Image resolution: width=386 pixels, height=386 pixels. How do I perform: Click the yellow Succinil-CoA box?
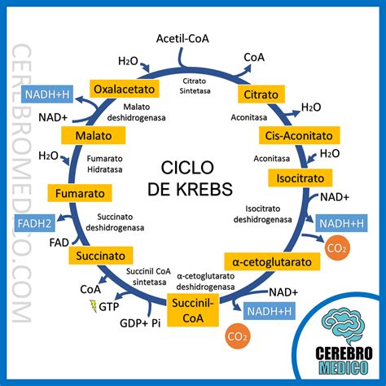[x=193, y=309]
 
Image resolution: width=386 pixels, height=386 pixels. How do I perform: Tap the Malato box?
[x=93, y=135]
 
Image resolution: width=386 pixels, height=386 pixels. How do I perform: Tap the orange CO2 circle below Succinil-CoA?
[x=238, y=334]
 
